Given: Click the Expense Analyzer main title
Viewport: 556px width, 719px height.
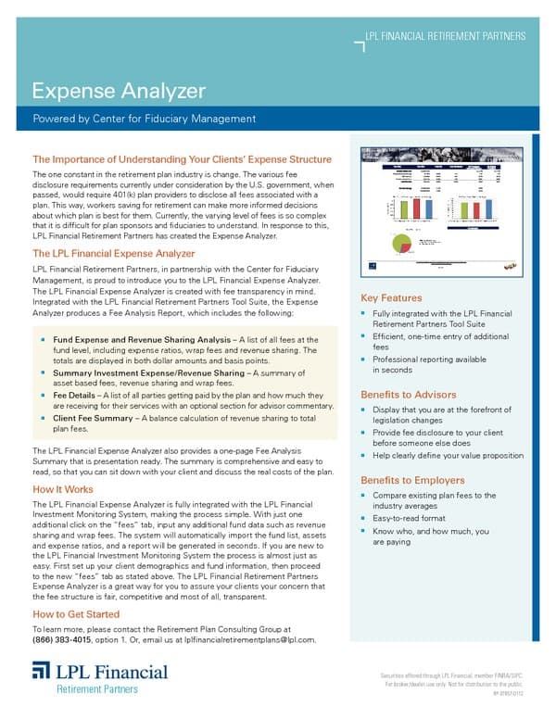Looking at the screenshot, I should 118,91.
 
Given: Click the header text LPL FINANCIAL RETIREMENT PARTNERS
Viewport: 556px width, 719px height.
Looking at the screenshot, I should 446,36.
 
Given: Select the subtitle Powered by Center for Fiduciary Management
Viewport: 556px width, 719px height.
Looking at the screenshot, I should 144,119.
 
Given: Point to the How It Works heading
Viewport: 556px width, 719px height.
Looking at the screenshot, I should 63,488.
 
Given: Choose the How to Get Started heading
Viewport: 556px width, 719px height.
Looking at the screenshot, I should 76,614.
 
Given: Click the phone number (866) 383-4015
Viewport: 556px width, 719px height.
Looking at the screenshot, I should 62,639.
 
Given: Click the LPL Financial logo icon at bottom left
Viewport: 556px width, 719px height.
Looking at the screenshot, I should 43,671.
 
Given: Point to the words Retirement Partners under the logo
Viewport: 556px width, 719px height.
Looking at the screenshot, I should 98,688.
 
